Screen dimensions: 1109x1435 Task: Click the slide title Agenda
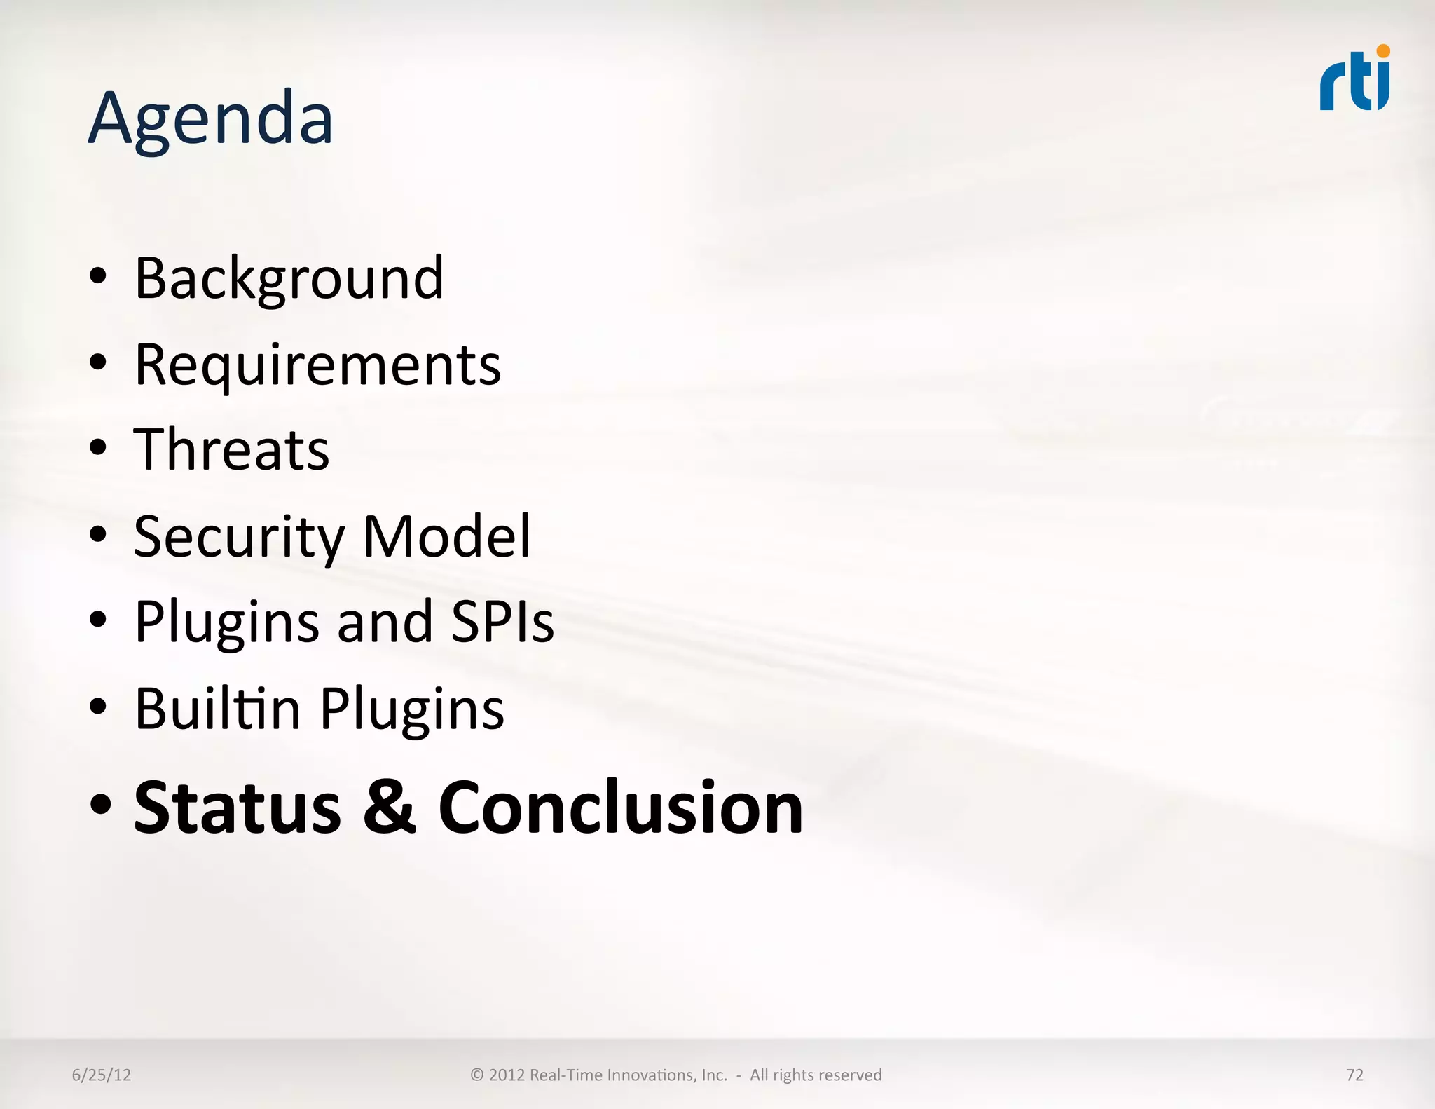click(x=210, y=119)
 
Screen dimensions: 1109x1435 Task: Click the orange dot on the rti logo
click(x=1382, y=50)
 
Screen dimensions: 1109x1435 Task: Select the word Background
click(x=289, y=279)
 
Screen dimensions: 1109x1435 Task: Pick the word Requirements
click(x=317, y=366)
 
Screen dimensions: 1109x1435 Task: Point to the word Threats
click(x=231, y=450)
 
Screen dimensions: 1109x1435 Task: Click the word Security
click(x=239, y=538)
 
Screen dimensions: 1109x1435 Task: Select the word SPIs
click(x=502, y=622)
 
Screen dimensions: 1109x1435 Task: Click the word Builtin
click(x=218, y=709)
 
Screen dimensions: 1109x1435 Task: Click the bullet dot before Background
click(x=99, y=276)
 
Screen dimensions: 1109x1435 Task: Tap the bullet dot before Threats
click(x=99, y=448)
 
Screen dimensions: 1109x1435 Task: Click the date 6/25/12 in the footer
click(x=102, y=1075)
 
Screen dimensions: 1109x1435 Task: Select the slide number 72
click(x=1354, y=1075)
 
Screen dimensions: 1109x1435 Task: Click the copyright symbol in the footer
click(x=477, y=1075)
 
